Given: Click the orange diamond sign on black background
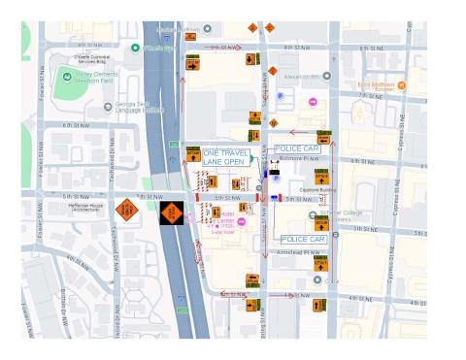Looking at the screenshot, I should (x=174, y=212).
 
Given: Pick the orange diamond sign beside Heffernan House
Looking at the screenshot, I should (x=126, y=210).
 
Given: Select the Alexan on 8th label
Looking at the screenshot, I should (x=304, y=75).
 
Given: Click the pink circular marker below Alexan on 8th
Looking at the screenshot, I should (x=313, y=102).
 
